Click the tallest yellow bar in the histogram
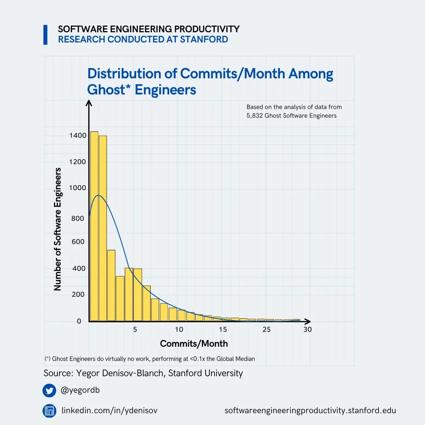(x=94, y=226)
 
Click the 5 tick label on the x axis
(x=135, y=329)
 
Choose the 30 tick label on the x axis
(x=307, y=329)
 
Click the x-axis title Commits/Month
(x=194, y=344)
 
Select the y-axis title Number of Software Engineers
(x=58, y=229)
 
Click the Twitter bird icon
(x=49, y=391)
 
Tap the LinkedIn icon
(x=49, y=411)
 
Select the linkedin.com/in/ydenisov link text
(x=109, y=411)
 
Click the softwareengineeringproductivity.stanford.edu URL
(x=310, y=411)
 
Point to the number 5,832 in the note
(x=255, y=116)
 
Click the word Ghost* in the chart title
(x=109, y=90)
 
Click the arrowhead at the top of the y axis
(x=89, y=103)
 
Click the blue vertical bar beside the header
(x=45, y=35)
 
